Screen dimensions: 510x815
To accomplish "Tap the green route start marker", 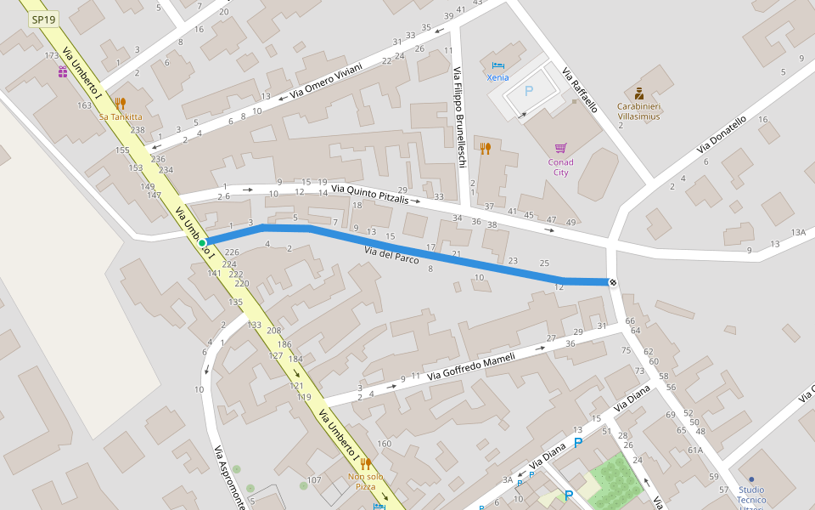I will click(x=203, y=243).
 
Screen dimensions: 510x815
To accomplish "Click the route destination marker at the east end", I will click(x=612, y=282).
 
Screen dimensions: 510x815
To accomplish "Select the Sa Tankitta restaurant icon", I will click(x=120, y=104).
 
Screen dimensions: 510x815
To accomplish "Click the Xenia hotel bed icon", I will click(x=498, y=65).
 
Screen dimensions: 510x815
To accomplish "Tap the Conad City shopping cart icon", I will click(x=560, y=148).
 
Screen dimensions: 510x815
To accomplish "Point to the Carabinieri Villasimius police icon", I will click(x=639, y=93).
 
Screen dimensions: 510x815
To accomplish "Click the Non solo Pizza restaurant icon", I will click(x=366, y=463).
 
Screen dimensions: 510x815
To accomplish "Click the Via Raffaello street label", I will click(x=580, y=90).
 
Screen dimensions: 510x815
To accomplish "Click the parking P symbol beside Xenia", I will click(x=529, y=91).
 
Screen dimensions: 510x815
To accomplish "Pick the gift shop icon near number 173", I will click(x=63, y=72).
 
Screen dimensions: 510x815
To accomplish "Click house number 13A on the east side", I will click(x=798, y=232).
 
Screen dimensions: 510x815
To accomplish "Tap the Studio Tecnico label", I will click(x=750, y=495).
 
